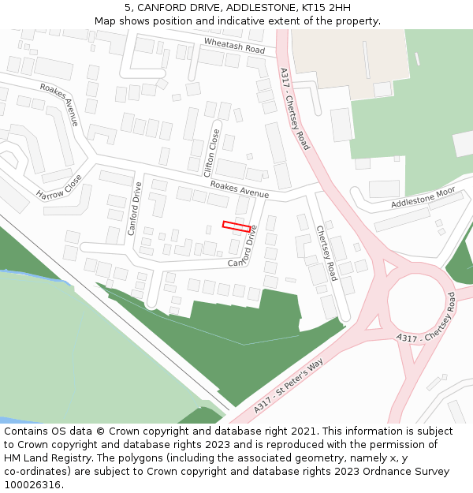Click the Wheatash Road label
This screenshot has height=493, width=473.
(234, 45)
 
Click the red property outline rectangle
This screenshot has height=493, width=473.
(236, 226)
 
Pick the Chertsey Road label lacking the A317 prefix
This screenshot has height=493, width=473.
(326, 253)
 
